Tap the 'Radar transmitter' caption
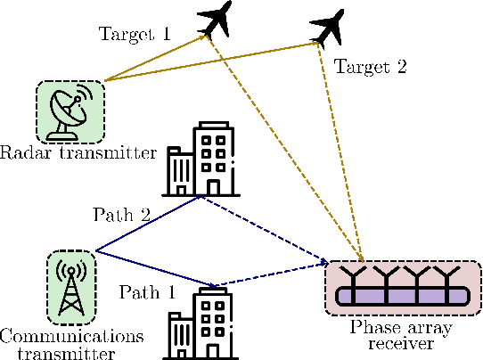(78, 152)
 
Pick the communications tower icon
(70, 284)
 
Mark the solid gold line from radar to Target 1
(156, 59)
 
